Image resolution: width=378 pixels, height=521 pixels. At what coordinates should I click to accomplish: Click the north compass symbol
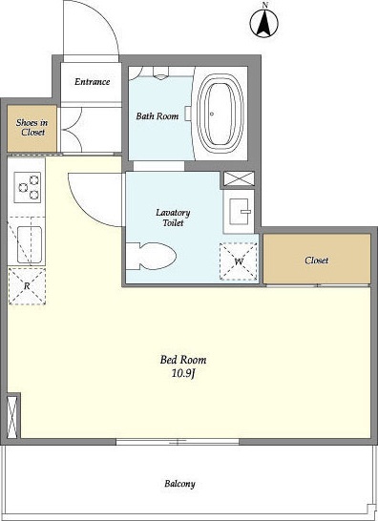coord(264,22)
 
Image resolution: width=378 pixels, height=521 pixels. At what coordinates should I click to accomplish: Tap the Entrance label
coord(92,82)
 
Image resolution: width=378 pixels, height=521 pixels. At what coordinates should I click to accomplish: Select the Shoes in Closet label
coord(31,128)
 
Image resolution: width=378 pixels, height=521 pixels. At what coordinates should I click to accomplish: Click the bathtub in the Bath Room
coord(220,114)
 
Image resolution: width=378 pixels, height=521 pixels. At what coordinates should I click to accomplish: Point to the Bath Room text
coord(157,116)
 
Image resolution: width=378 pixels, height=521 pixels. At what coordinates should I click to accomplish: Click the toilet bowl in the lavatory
coord(151,256)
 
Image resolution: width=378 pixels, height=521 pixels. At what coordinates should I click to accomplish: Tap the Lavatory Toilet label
coord(173,218)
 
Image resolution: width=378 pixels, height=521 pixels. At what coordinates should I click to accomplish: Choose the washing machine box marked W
coord(238,261)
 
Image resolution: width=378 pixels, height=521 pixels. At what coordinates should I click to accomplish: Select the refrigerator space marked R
coord(27,286)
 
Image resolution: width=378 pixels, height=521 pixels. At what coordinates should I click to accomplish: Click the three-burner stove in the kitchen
coord(28,187)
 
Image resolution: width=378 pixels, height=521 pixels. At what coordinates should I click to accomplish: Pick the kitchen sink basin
coord(30,244)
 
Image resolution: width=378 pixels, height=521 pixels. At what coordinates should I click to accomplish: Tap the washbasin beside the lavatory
coord(239,212)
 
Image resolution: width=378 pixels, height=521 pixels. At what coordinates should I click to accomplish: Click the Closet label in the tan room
coord(317,260)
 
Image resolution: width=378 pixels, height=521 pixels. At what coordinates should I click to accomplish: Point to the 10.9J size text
coord(183,374)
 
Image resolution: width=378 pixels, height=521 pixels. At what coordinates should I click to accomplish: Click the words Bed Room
coord(183,360)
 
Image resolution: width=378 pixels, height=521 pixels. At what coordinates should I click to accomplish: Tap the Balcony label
coord(179,484)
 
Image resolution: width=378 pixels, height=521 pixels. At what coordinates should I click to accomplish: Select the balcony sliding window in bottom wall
coord(178,442)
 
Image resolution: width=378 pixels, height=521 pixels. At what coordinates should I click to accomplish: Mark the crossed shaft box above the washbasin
coord(239,178)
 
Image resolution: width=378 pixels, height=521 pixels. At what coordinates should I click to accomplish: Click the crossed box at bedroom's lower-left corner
coord(12,417)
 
